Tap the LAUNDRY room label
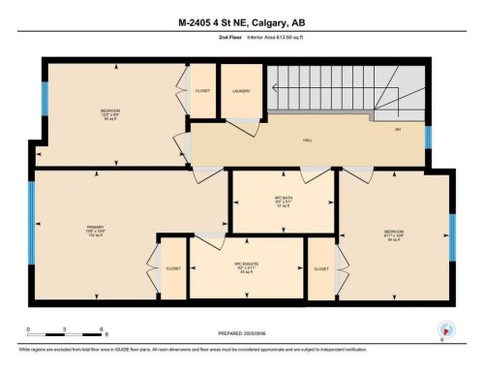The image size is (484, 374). (242, 91)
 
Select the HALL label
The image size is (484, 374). (307, 140)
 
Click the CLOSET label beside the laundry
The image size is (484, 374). (202, 91)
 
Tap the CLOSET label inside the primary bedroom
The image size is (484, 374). (173, 268)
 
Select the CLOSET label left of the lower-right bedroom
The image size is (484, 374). (321, 268)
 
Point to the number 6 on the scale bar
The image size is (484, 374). (107, 329)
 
